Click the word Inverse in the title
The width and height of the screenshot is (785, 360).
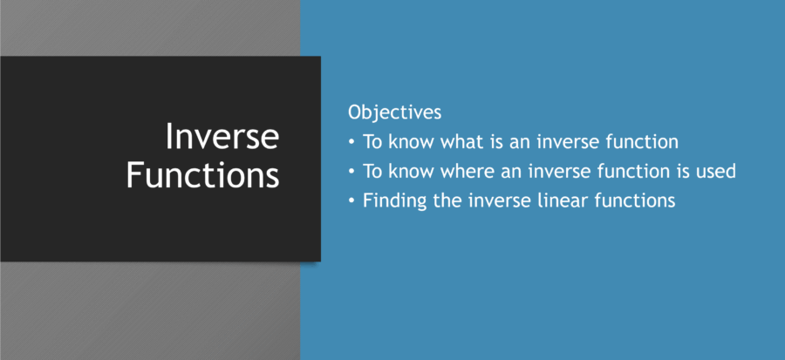(x=222, y=138)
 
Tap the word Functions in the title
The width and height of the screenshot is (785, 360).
(x=202, y=174)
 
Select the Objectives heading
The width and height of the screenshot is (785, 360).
(x=394, y=112)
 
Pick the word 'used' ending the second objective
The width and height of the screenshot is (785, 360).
(x=714, y=171)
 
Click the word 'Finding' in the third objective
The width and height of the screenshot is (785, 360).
(x=391, y=200)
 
